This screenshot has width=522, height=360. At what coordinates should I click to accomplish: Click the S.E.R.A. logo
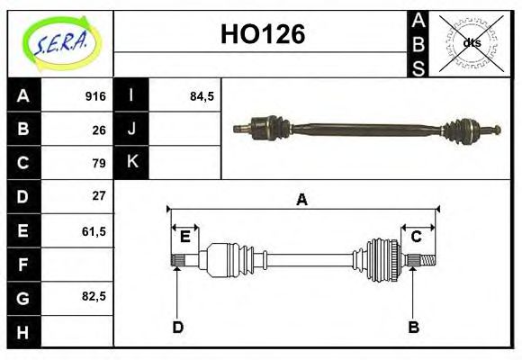[x=59, y=41]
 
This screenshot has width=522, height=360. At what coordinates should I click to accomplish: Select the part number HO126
[x=263, y=34]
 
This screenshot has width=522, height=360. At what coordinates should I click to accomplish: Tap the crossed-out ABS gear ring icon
[x=472, y=42]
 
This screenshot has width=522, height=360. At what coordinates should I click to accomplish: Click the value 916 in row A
[x=95, y=96]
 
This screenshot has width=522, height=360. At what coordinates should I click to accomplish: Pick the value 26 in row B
[x=99, y=130]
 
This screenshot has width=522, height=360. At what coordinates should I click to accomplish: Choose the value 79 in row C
[x=99, y=163]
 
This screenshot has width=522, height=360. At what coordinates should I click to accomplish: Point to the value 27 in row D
[x=99, y=195]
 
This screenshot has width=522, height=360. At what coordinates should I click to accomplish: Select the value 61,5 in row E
[x=94, y=230]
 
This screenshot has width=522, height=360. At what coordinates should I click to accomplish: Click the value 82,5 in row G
[x=94, y=296]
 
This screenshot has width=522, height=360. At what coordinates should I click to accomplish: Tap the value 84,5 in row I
[x=202, y=96]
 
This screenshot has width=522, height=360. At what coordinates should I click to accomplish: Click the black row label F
[x=22, y=265]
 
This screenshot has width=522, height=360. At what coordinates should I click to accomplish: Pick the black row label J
[x=131, y=130]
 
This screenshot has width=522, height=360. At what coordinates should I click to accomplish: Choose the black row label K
[x=131, y=163]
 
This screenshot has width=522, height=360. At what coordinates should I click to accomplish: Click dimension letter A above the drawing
[x=301, y=200]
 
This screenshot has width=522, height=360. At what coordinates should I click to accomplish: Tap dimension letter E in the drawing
[x=184, y=237]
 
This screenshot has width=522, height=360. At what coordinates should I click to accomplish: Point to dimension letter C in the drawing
[x=417, y=237]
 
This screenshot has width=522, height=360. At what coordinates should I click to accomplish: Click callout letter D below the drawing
[x=177, y=328]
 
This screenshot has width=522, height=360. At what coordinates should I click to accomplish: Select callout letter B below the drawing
[x=413, y=328]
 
